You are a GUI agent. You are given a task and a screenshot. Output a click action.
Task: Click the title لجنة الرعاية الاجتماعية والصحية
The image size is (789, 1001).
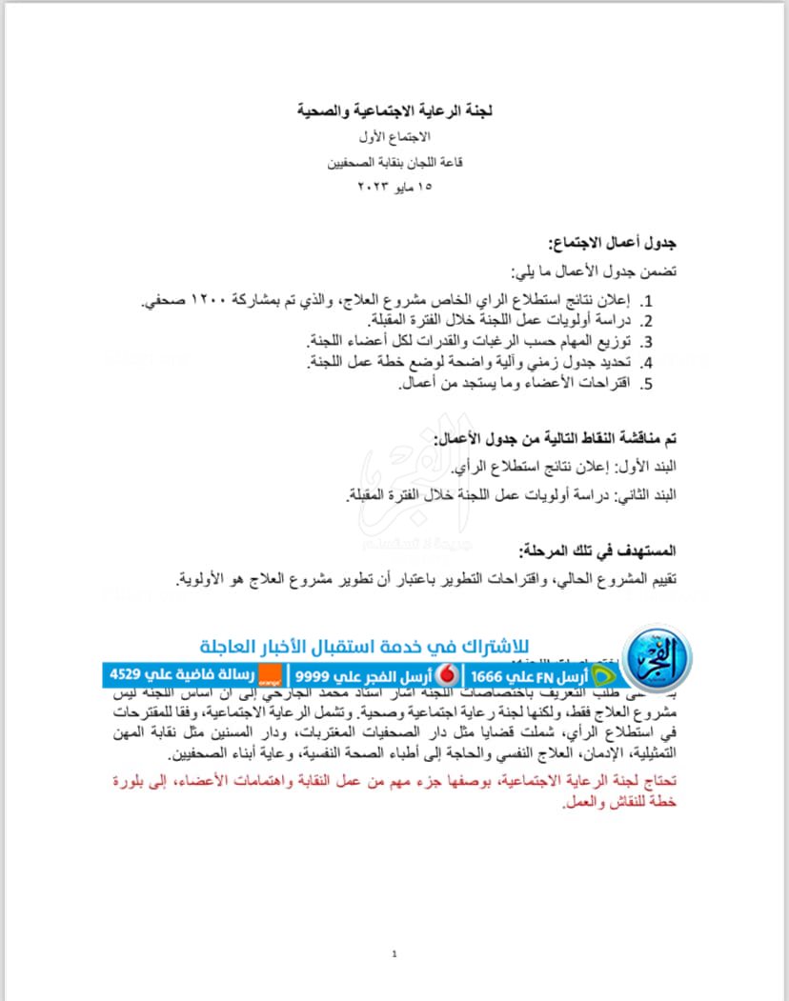(x=394, y=110)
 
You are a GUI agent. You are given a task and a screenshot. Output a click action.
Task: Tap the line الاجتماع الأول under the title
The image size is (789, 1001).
(x=394, y=137)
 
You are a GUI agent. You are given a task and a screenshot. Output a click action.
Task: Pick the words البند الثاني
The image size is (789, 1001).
(x=647, y=495)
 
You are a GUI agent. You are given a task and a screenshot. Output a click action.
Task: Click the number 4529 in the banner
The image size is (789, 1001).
(x=128, y=675)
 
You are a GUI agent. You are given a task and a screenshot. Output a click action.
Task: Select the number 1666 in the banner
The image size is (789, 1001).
(x=492, y=675)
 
